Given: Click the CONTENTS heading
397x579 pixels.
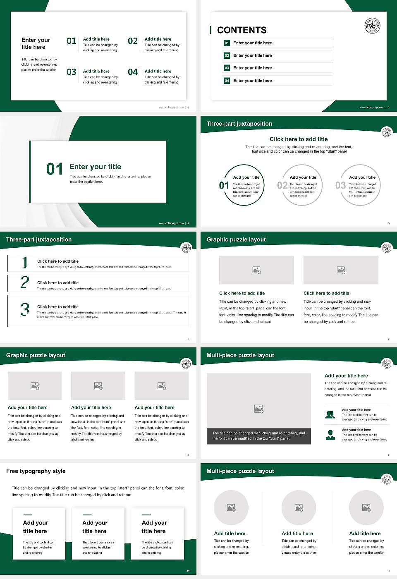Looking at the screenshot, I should [242, 30].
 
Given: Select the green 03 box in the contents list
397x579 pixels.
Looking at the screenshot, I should [227, 68].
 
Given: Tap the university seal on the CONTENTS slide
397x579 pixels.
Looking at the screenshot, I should [372, 26].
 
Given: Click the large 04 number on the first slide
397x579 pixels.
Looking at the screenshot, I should [133, 72].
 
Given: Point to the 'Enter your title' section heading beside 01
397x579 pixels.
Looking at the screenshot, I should [95, 167].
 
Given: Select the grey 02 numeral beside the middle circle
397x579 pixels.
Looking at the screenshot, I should [282, 185].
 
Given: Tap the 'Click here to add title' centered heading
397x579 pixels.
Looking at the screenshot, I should [299, 139].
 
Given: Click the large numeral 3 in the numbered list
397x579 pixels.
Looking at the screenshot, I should [25, 309].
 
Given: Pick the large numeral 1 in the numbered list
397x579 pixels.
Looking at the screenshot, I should [25, 262].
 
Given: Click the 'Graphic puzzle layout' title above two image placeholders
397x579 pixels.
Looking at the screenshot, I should [236, 239].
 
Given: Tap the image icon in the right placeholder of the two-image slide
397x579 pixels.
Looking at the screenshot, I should [341, 270].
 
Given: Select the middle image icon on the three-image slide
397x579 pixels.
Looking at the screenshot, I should [98, 386].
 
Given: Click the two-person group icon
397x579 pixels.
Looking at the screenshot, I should [330, 414].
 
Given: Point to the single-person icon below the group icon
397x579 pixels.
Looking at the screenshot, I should [330, 435].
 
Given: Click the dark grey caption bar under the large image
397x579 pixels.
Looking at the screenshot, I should [258, 436].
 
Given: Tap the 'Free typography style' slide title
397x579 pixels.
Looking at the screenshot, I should [36, 471].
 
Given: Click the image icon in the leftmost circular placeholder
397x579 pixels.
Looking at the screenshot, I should [231, 507].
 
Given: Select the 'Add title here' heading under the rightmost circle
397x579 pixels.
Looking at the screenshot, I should [365, 534].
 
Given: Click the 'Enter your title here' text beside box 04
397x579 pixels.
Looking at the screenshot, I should [252, 81].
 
